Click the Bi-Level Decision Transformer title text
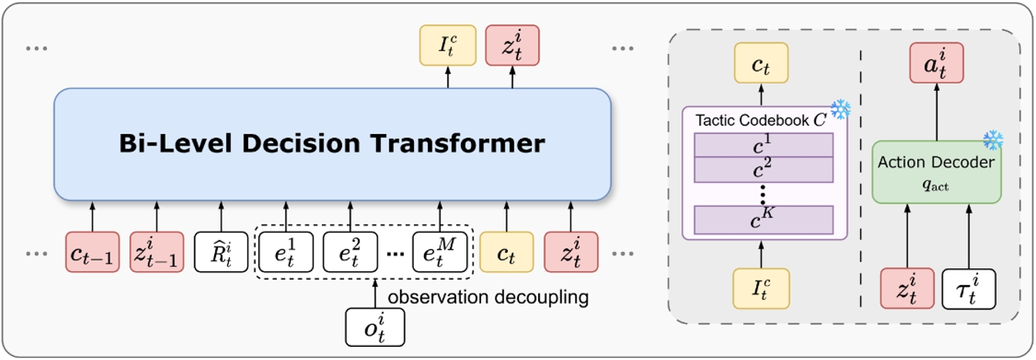[x=332, y=143]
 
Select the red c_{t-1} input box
[x=92, y=252]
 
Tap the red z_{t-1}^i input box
[x=157, y=252]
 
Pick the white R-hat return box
[x=221, y=252]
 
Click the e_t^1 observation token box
[x=286, y=252]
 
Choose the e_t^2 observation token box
[x=350, y=252]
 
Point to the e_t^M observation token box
[x=439, y=252]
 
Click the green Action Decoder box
[x=936, y=171]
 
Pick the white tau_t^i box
[x=968, y=288]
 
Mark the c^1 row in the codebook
[x=764, y=145]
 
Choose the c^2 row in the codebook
[x=764, y=169]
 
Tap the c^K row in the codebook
[x=764, y=220]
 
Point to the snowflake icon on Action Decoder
[x=993, y=140]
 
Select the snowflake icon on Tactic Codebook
[x=839, y=109]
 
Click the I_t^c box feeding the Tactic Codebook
[x=762, y=288]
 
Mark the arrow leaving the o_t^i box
[x=375, y=294]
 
